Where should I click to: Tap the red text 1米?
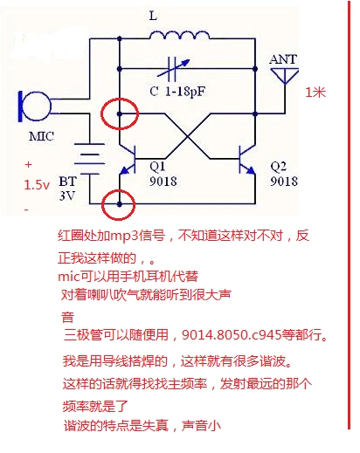coord(315,91)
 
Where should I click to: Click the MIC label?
coord(41,138)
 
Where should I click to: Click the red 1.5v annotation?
coord(37,185)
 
